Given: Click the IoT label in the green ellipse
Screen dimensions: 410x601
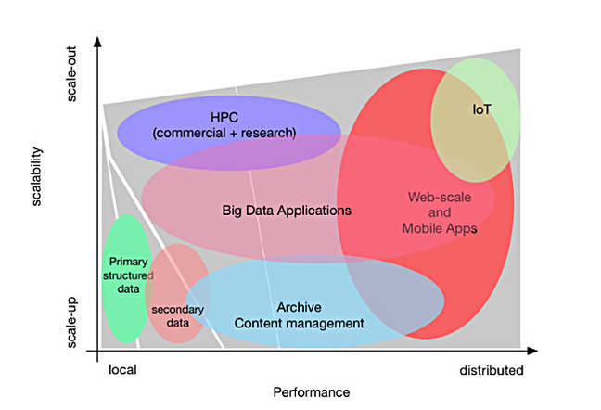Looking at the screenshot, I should (481, 109).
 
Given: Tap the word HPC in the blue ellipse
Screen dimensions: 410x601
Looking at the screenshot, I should (225, 117).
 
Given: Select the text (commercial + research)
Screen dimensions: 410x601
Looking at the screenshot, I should (225, 133).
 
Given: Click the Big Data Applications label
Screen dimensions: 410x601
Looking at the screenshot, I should (288, 211).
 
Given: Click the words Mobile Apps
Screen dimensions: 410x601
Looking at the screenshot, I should (440, 228).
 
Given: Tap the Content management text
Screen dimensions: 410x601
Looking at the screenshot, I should (299, 323).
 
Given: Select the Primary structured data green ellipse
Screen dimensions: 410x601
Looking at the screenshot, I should (126, 278).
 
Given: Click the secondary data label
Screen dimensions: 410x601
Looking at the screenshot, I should (178, 315).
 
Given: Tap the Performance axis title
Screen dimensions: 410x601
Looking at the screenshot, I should (311, 392).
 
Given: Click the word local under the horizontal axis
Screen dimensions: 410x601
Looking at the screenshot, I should (122, 370).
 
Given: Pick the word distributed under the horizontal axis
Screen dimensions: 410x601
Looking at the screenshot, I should (492, 370).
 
